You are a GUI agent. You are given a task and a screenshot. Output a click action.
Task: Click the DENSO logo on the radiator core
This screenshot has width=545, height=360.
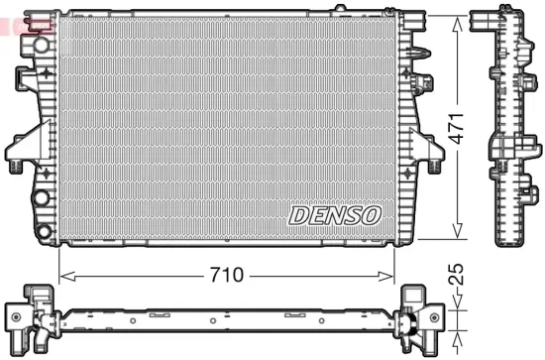(x=335, y=214)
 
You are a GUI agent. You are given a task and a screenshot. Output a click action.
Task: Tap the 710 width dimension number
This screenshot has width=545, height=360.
(x=226, y=277)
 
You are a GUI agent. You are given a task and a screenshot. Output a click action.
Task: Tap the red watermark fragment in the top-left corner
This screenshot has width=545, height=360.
(x=22, y=24)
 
